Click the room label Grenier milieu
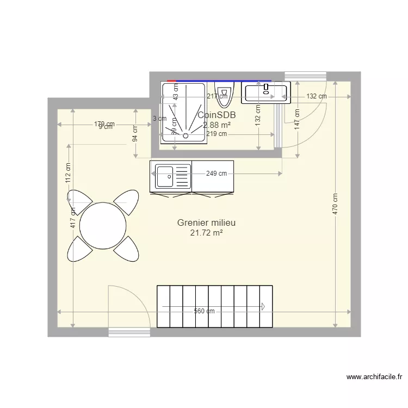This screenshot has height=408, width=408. (206, 222)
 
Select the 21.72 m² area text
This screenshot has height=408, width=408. (206, 233)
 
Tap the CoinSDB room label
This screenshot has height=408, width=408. (217, 115)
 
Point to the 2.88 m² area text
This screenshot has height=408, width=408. (217, 125)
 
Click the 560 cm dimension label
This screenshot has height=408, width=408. (205, 311)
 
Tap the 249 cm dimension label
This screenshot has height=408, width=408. (217, 174)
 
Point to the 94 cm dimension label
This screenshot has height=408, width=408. (135, 132)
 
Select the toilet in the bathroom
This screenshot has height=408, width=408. (223, 96)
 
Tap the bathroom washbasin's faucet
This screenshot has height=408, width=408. (266, 87)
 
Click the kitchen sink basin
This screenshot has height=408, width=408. (164, 176)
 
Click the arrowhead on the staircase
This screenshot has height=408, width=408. (263, 307)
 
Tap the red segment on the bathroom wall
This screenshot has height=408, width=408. (172, 81)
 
